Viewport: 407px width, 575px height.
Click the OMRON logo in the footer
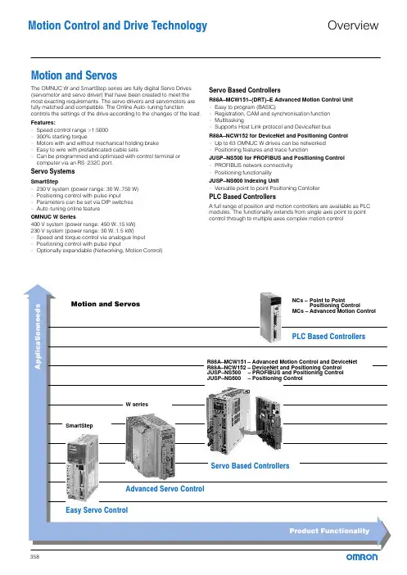[362, 557]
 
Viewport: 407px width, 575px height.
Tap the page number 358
[35, 557]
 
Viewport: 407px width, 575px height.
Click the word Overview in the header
[353, 25]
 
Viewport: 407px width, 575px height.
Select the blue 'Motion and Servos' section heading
[74, 75]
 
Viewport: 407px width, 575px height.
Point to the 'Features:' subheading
[43, 123]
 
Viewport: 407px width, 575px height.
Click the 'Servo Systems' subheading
[52, 171]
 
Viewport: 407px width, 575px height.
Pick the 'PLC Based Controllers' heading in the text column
[242, 197]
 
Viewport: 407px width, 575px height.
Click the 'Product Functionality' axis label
[329, 531]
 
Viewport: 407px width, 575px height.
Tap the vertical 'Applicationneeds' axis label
[38, 337]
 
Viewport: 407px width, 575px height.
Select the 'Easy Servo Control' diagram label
[97, 509]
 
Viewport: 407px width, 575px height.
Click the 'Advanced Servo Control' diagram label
[165, 488]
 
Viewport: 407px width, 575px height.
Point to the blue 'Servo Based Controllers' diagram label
[250, 466]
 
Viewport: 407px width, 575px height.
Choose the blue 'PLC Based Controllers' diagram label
[328, 337]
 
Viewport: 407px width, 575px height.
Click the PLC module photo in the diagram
[270, 317]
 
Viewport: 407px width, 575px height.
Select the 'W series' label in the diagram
[137, 405]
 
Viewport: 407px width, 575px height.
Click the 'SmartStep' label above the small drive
[79, 425]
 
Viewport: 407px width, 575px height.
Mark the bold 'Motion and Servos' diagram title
[106, 304]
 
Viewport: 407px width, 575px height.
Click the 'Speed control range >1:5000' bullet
[72, 129]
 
